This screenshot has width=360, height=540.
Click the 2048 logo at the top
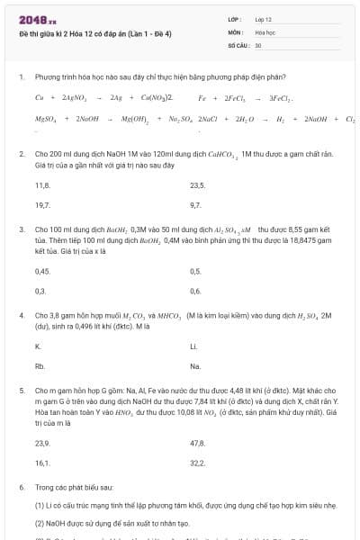(37, 18)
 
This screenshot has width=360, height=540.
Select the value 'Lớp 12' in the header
(264, 18)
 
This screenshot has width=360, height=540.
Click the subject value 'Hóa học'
(265, 31)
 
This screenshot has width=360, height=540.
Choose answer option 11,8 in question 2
(42, 184)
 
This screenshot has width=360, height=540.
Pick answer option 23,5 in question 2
(198, 184)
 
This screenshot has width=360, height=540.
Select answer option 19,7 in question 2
(42, 205)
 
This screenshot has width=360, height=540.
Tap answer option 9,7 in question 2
(196, 205)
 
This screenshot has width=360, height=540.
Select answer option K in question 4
(38, 346)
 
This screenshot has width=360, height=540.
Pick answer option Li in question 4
(193, 346)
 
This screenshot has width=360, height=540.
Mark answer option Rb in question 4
(40, 367)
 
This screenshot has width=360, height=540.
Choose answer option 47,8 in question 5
(198, 444)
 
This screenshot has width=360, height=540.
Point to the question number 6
(21, 487)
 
